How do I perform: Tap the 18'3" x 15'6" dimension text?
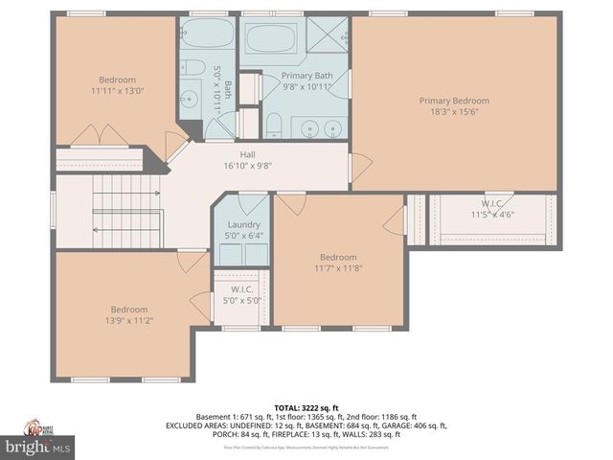click(x=454, y=112)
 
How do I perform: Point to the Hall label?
click(x=247, y=153)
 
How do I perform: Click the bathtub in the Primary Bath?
click(x=272, y=39)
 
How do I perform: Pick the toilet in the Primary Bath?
click(x=273, y=125)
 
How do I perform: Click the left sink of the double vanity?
click(x=307, y=128)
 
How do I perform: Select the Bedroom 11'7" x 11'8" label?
click(x=338, y=263)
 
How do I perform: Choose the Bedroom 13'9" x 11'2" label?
click(x=128, y=315)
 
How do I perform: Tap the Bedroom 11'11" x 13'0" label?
click(x=118, y=85)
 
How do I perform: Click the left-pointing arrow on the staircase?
click(x=95, y=230)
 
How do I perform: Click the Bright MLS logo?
click(x=38, y=447)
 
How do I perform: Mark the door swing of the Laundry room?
click(x=254, y=204)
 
